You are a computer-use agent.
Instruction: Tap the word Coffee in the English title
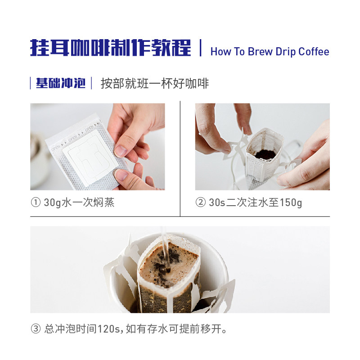314,52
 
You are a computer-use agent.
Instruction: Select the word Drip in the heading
285,52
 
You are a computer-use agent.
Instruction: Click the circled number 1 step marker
36,202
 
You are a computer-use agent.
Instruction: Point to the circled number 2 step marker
200,202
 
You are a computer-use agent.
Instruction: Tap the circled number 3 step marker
36,329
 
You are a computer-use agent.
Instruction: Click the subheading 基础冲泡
61,83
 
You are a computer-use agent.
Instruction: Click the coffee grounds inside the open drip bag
265,154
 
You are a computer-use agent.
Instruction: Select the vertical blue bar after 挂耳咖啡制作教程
200,48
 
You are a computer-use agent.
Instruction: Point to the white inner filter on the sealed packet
90,157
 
